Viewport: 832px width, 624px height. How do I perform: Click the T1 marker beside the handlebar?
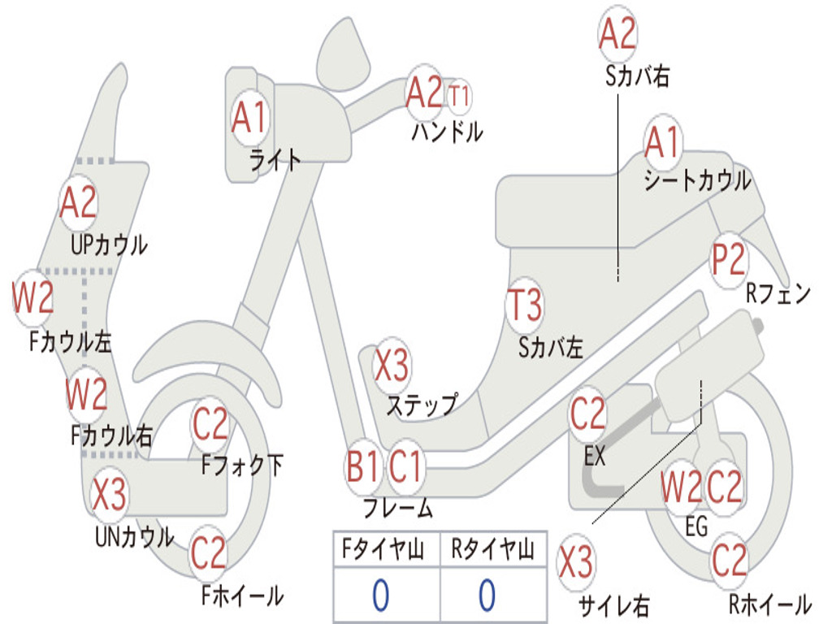coord(459,97)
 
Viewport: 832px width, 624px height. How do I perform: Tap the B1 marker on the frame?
coord(363,466)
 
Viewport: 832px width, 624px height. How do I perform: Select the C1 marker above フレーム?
coord(405,466)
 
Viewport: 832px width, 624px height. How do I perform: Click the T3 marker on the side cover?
coord(525,305)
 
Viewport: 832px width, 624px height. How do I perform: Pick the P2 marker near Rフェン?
coord(728,259)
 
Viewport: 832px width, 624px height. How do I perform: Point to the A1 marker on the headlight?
coord(249,117)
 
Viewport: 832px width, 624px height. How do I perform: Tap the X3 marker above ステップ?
coord(392,366)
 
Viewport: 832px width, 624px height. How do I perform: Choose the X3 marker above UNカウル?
coord(109,494)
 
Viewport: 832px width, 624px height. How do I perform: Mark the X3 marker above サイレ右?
coord(576,562)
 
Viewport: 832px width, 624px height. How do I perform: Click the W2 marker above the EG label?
coord(681,487)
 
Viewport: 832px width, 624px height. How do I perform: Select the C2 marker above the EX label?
coord(587,414)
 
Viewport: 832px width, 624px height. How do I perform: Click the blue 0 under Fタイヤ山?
coord(381,596)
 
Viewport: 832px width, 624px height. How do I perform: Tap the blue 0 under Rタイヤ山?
coord(487,596)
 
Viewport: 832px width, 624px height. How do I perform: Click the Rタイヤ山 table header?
coord(492,548)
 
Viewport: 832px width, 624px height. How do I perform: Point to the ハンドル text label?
coord(448,131)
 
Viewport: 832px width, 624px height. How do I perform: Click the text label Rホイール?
coord(770,604)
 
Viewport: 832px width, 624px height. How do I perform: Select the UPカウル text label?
coord(109,245)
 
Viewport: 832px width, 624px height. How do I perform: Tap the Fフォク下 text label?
coord(242,465)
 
